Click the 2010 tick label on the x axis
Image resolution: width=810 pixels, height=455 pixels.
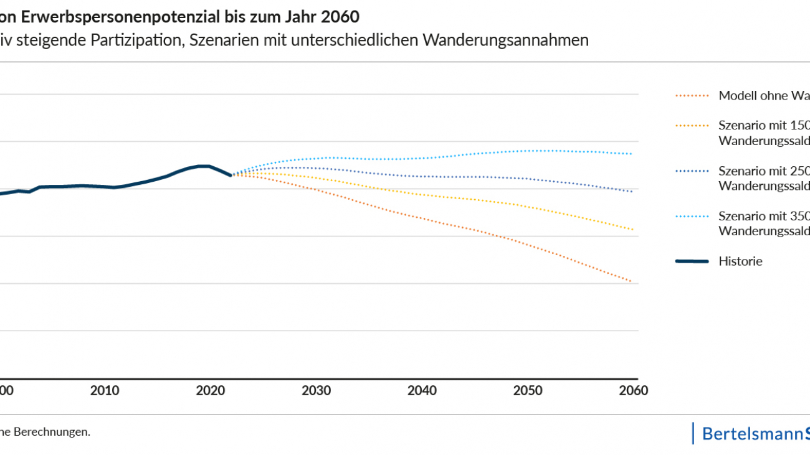(x=105, y=391)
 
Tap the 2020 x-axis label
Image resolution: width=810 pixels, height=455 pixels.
(x=211, y=391)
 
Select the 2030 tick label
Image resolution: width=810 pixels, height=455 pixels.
(x=317, y=391)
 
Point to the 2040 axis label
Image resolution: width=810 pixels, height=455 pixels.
(x=422, y=391)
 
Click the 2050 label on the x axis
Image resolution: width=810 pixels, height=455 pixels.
(x=528, y=391)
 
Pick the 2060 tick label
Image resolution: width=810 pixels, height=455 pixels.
(x=634, y=391)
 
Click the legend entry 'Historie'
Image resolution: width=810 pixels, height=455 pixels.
(x=740, y=261)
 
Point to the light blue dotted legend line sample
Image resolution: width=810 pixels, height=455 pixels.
(x=692, y=217)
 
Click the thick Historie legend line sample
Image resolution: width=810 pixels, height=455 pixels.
(x=692, y=261)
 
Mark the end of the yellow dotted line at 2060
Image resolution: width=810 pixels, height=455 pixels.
(x=632, y=229)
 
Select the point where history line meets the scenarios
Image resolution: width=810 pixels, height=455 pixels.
(x=232, y=176)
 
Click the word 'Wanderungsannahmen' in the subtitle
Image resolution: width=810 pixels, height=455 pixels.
(x=505, y=40)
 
